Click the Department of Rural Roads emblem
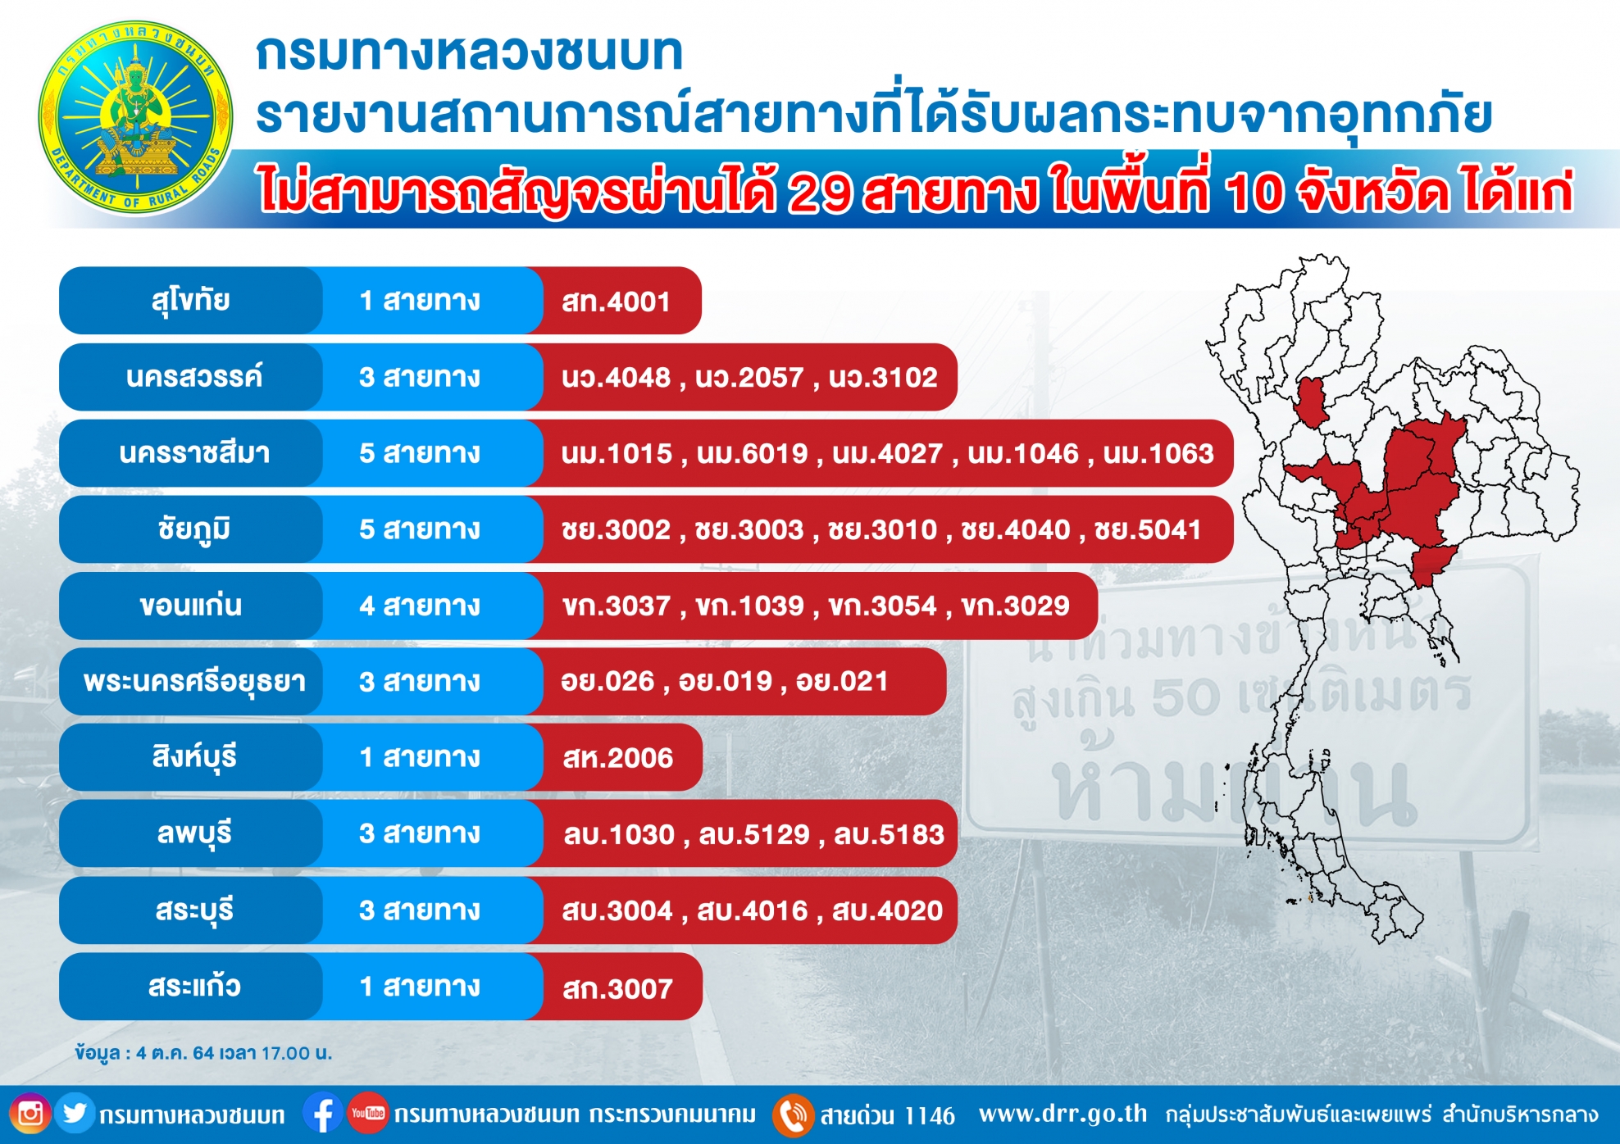pos(135,118)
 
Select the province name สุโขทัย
pos(190,301)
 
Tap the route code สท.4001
pos(616,302)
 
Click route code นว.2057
pos(749,377)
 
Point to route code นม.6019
pos(752,453)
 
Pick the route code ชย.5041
pos(1148,529)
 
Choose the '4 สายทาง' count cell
pos(420,606)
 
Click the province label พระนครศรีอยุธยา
pos(194,682)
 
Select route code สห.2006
pos(617,758)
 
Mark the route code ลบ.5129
pos(754,834)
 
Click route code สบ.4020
pos(888,910)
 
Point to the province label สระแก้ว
pos(194,986)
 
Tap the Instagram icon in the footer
pos(30,1114)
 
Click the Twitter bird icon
pos(75,1114)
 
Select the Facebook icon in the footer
pos(323,1114)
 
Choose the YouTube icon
pos(367,1114)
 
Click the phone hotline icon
pos(793,1115)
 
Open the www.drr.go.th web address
pos(1063,1114)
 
